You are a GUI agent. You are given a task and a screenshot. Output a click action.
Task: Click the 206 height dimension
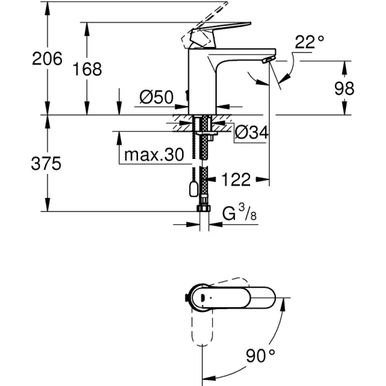coord(47,59)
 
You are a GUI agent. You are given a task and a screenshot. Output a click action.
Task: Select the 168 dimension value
coord(87,69)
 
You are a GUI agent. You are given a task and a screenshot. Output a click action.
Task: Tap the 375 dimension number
coord(46,164)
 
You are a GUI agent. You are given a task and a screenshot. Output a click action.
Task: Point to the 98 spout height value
coord(344,88)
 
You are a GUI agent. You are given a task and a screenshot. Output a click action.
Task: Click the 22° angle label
coord(309,42)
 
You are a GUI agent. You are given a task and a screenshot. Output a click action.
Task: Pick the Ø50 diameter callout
coord(156,97)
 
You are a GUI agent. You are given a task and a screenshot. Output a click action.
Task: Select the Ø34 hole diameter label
coord(251,133)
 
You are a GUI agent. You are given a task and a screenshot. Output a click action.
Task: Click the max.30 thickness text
coord(154,155)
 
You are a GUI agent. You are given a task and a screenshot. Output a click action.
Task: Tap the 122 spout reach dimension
coord(236,179)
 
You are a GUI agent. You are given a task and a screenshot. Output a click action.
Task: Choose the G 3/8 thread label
coord(239,213)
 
